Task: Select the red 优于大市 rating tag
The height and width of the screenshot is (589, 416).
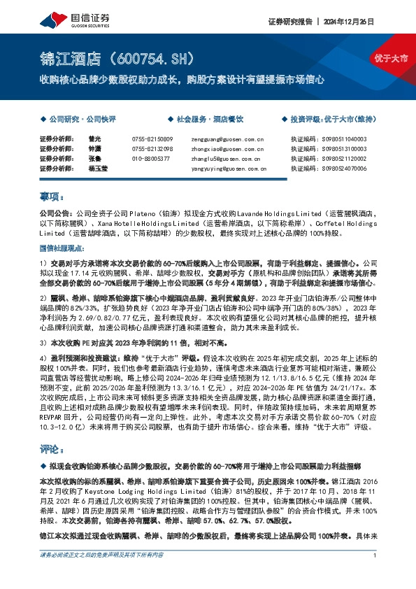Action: (391, 57)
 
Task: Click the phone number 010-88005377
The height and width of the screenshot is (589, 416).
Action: (151, 159)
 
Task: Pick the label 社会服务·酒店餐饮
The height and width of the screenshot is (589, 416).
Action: (207, 120)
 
